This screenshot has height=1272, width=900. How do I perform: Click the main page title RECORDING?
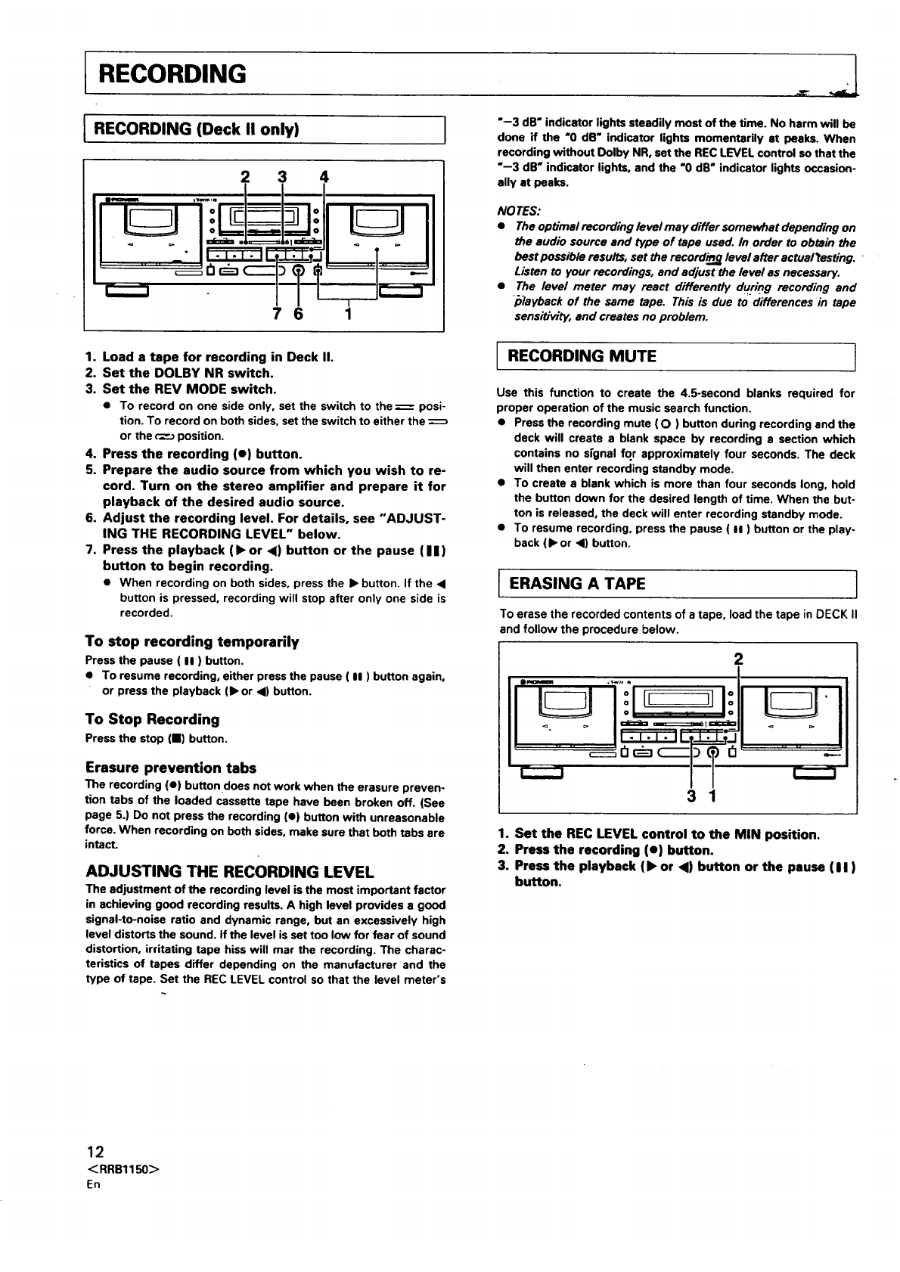point(172,74)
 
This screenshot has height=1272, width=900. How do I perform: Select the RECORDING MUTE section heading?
point(582,356)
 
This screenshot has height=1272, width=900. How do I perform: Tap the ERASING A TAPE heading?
point(577,584)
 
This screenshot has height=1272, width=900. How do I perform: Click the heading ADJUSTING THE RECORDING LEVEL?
point(230,870)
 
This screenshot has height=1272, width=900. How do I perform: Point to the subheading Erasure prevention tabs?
point(171,768)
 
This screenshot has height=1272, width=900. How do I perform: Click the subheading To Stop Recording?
point(153,719)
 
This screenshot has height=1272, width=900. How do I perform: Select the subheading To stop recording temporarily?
point(192,642)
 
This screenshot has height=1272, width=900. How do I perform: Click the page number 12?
point(95,1153)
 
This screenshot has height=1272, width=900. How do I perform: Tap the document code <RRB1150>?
point(122,1169)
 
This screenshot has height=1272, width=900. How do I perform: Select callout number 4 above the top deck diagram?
point(324,178)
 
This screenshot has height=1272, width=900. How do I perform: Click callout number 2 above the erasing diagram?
point(739,657)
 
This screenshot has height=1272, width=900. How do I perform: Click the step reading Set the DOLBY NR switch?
point(188,373)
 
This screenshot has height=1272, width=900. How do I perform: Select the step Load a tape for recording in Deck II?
point(217,357)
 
